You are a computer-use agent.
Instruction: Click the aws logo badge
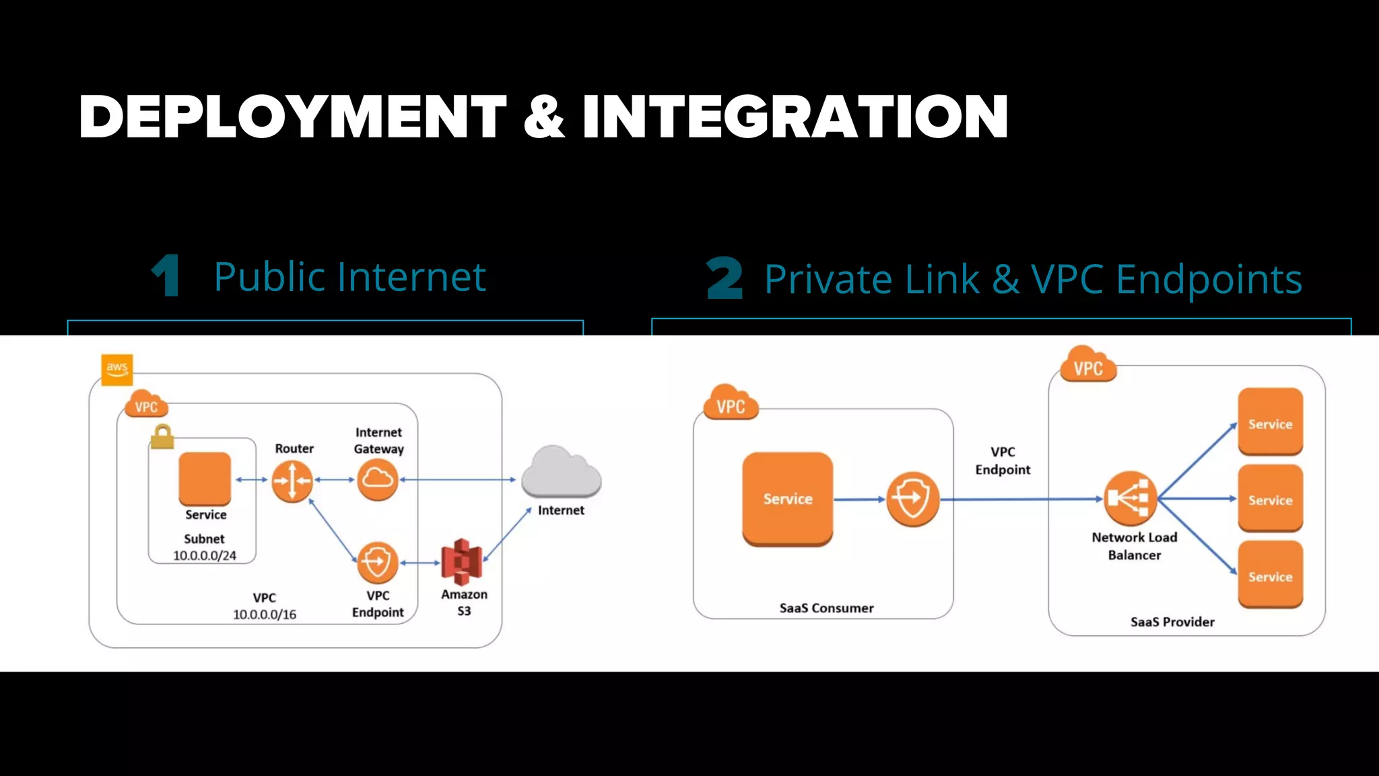(116, 369)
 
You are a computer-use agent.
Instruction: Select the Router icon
(292, 480)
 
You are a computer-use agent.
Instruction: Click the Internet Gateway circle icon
(377, 480)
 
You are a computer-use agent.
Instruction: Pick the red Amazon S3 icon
(461, 561)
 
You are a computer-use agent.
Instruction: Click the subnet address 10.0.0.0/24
(205, 556)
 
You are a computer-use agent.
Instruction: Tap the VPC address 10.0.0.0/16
(265, 614)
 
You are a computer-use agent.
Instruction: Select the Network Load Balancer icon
(1131, 498)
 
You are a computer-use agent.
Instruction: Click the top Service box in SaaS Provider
(1270, 422)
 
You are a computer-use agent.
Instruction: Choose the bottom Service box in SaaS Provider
(1270, 575)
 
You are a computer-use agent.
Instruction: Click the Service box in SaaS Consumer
(787, 498)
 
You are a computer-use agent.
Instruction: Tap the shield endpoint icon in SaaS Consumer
(912, 499)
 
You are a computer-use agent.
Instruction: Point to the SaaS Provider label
(1172, 622)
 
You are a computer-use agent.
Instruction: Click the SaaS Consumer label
(826, 608)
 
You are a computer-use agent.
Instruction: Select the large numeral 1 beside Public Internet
(166, 276)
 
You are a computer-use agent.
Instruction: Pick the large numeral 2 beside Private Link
(725, 278)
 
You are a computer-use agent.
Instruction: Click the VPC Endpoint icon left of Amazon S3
(377, 562)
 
